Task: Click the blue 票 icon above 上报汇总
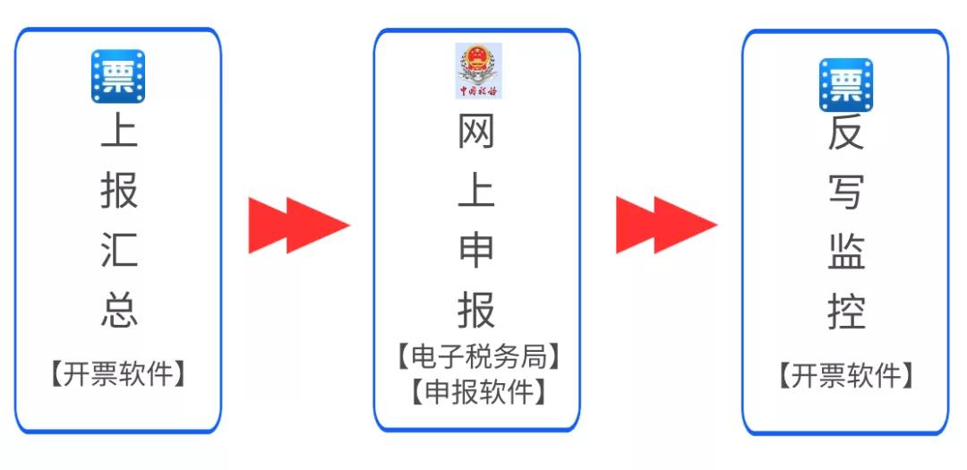118,76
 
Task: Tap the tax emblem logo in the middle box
478,70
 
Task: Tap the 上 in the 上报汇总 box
118,131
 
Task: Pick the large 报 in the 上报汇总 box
118,190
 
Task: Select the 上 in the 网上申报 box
476,192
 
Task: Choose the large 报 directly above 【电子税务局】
476,309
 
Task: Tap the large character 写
845,192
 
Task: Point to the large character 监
845,251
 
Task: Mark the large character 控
845,310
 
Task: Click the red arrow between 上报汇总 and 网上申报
297,225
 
